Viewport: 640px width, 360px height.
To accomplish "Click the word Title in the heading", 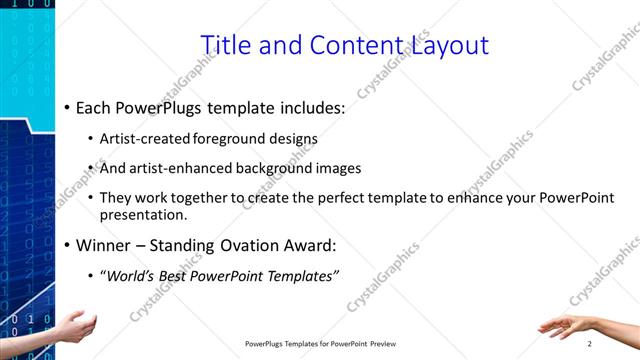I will coord(227,45).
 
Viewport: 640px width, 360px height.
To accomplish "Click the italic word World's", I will coord(133,275).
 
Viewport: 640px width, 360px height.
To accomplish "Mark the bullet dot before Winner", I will coord(66,245).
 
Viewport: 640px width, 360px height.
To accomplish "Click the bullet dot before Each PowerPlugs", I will coord(66,105).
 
